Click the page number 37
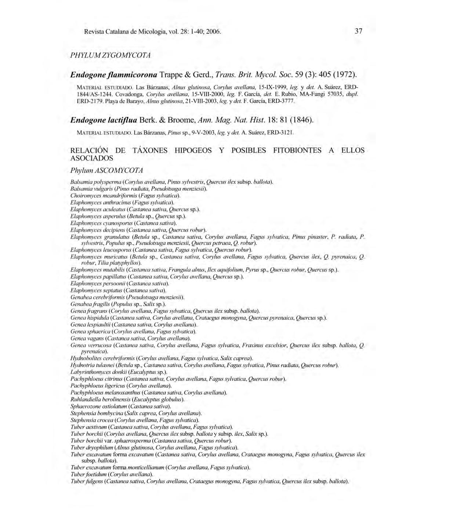[359, 31]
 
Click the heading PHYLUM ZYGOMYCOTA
[110, 55]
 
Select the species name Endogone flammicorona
[114, 74]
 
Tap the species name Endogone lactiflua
[104, 120]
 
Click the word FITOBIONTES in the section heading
[297, 150]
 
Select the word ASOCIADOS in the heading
[91, 159]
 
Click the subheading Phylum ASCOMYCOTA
[106, 171]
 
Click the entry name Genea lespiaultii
[91, 325]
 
